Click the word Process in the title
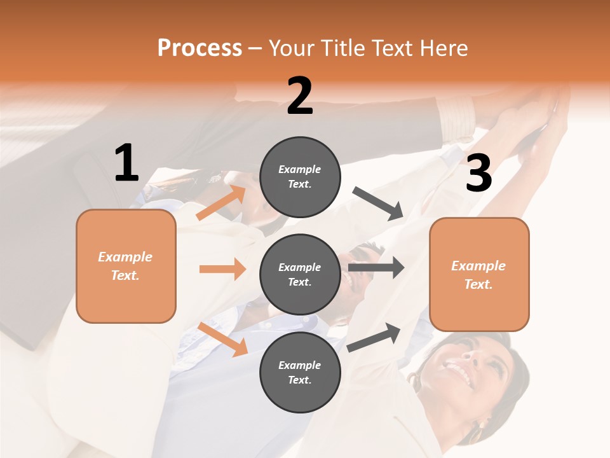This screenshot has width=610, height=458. point(200,48)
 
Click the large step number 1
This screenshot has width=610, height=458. point(126,163)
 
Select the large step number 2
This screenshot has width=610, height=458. point(300,96)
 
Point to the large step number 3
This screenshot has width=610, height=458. point(478,174)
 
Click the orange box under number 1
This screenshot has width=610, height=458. point(126,266)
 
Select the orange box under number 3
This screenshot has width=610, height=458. point(479,275)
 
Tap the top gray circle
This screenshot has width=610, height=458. point(300,177)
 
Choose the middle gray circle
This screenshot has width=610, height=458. point(300,274)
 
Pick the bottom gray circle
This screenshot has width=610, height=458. point(300,372)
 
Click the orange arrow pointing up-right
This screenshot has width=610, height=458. point(221,203)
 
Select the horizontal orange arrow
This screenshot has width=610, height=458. point(222,269)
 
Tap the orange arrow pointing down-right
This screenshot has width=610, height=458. point(222,338)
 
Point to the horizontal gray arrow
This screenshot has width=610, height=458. point(376,267)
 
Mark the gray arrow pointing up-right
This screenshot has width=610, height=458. point(374,337)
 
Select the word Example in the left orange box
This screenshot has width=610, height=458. point(125,257)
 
